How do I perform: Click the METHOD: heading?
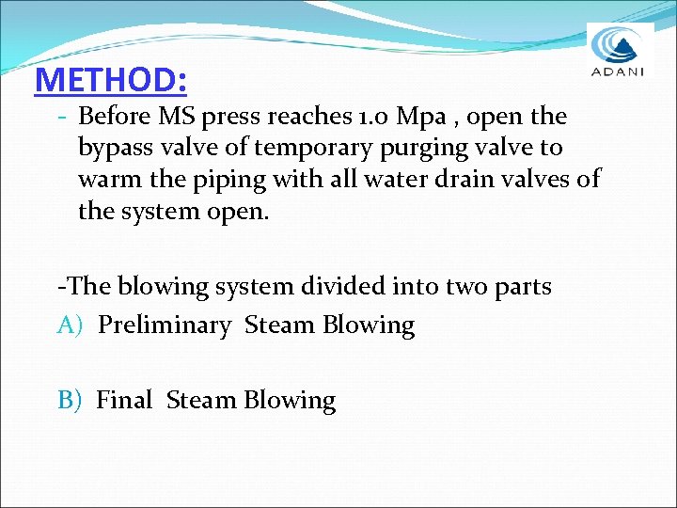point(110,80)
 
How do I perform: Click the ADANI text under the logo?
point(620,74)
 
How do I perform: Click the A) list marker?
point(71,325)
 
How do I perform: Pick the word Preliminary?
point(165,325)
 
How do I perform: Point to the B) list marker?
point(71,401)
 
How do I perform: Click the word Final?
point(124,401)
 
